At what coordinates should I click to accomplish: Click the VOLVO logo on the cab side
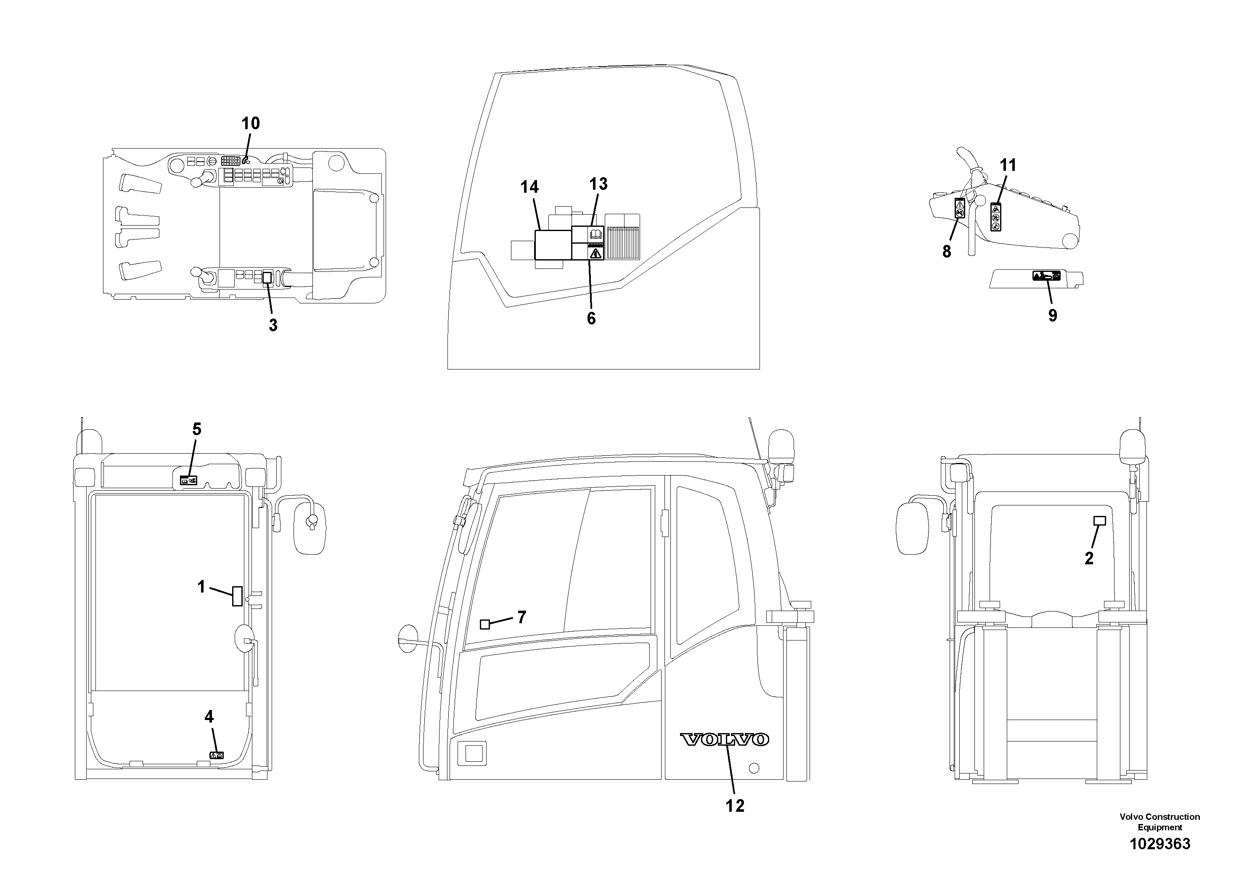pos(724,740)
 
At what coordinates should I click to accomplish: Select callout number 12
pos(735,806)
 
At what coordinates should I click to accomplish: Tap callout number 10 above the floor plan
pos(251,123)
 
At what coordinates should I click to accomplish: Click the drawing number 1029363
pos(1159,844)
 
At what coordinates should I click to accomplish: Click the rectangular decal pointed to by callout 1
pos(237,596)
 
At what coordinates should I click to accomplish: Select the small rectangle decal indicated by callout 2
pos(1100,521)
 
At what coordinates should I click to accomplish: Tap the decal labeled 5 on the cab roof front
pos(188,481)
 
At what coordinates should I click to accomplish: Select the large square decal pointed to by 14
pos(552,245)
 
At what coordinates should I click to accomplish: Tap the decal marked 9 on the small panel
pos(1046,276)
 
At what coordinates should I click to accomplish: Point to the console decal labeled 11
pos(996,217)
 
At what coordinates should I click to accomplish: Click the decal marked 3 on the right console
pos(267,278)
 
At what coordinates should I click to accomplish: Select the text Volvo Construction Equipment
pos(1159,822)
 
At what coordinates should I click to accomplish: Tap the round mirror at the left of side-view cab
pos(409,638)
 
